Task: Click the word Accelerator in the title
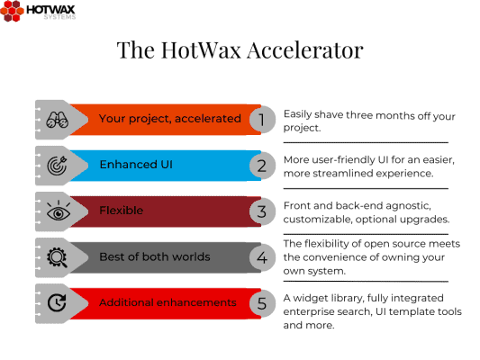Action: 304,51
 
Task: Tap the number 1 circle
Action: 261,119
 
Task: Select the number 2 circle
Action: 261,166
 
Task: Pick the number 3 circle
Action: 261,211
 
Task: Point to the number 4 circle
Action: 261,257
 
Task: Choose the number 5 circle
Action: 261,303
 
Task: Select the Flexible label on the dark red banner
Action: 121,211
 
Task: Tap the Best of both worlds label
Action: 154,257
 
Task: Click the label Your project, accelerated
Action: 169,119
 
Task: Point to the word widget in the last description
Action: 312,297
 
